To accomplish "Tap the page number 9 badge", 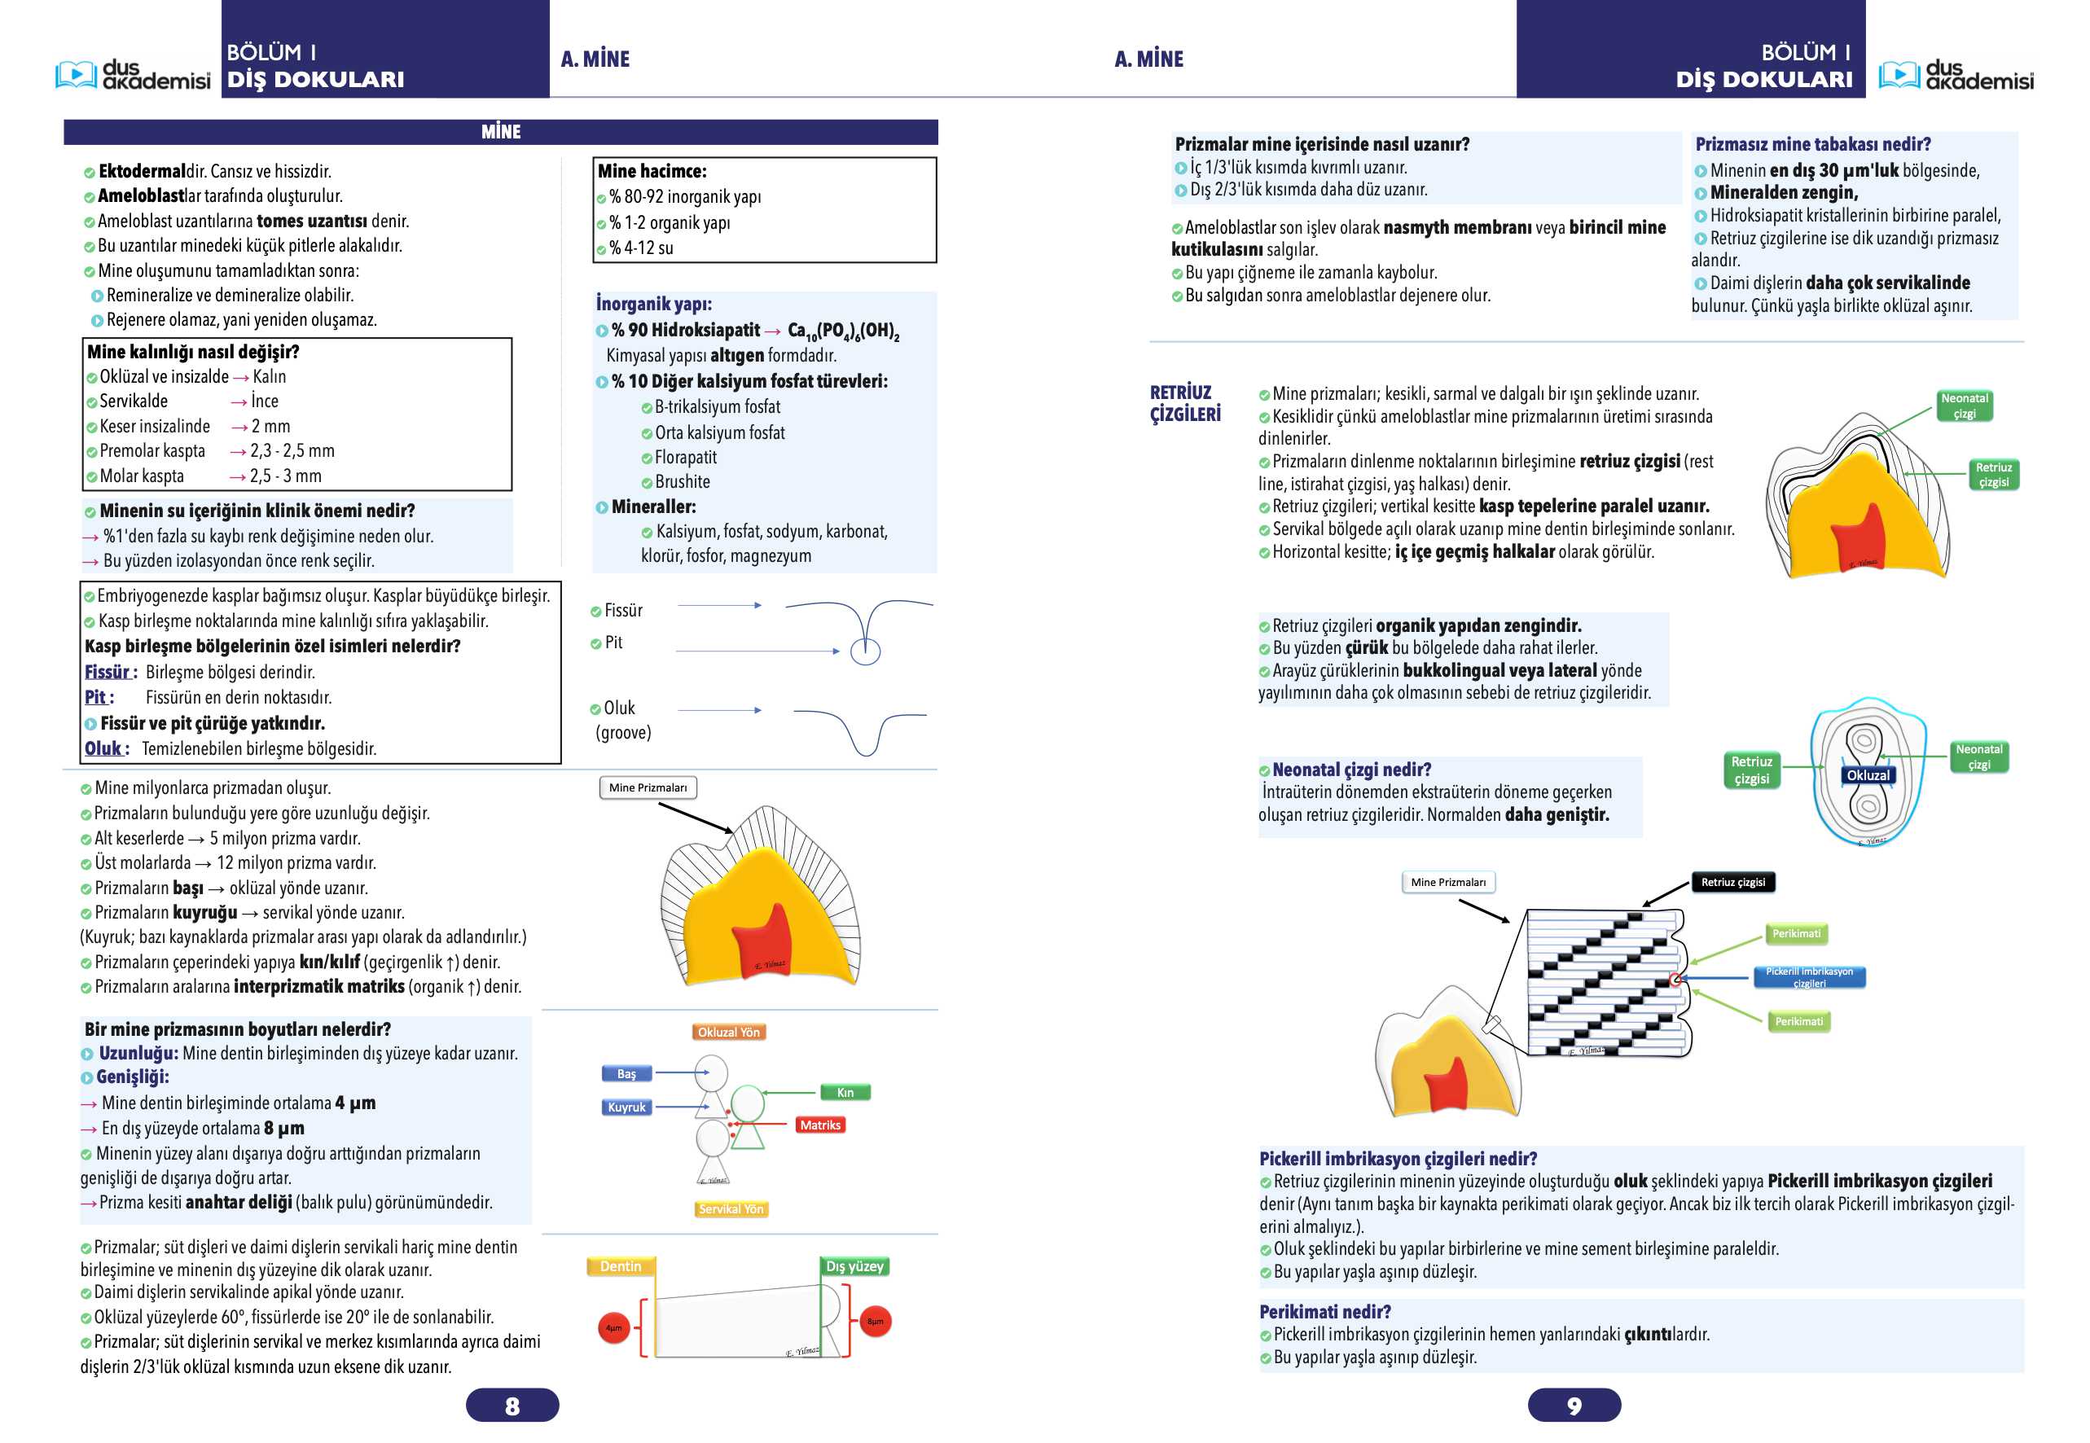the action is coord(1574,1405).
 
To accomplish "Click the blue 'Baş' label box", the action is coord(626,1073).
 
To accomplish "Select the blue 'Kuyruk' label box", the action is coord(626,1107).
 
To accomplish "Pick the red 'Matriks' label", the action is coord(820,1125).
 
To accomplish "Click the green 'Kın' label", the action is coord(845,1092).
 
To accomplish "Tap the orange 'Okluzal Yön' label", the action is coord(729,1032).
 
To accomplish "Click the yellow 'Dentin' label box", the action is coord(621,1265).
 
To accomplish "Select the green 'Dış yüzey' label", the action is coord(854,1265).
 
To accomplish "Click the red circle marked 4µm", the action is coord(614,1327).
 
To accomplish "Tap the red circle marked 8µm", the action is coord(876,1321).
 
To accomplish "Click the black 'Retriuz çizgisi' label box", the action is coord(1732,882).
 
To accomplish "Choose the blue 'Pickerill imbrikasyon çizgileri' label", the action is coord(1809,976).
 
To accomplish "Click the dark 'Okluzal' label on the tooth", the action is coord(1868,775).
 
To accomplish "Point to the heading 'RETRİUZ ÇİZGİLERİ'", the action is coord(1185,403).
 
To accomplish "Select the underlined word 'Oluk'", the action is coord(103,748).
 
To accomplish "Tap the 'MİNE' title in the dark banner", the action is coord(501,132).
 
